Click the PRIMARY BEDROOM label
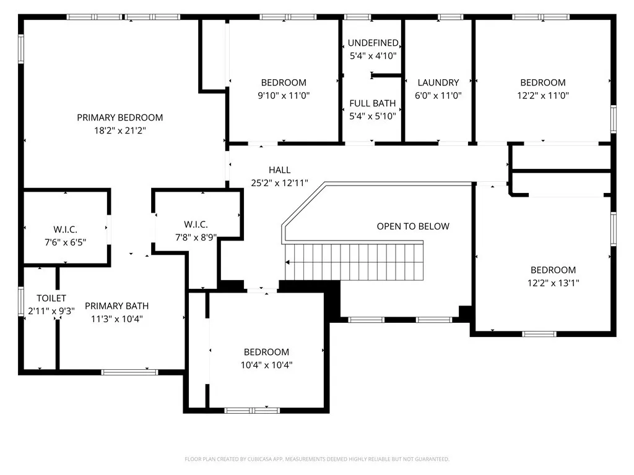coord(119,118)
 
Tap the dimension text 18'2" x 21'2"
coord(119,131)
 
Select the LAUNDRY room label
coord(438,83)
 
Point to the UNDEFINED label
coord(373,43)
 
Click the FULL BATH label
coord(372,103)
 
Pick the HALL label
coord(279,170)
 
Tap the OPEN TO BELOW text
coord(413,226)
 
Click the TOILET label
coord(51,298)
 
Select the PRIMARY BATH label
coord(117,306)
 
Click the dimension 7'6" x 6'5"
coord(65,242)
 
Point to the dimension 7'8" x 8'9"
coord(196,237)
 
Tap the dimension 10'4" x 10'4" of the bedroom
coord(266,365)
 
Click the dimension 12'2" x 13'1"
coord(553,283)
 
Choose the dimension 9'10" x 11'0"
coord(284,95)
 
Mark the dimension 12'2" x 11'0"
coord(543,95)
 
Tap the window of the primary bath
coord(129,372)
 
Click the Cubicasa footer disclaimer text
coord(317,460)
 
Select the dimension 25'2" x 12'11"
coord(279,183)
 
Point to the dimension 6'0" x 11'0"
coord(438,95)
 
